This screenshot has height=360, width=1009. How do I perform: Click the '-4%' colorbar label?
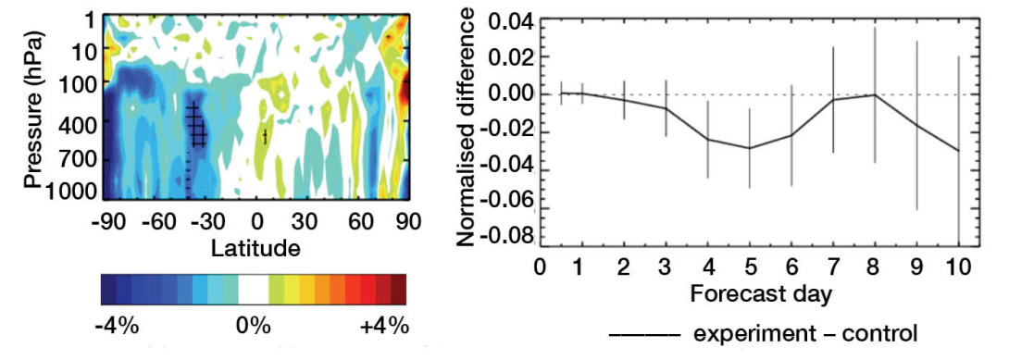[117, 326]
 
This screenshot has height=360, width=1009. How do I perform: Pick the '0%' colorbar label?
[253, 326]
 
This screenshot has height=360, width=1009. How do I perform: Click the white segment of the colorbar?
[253, 291]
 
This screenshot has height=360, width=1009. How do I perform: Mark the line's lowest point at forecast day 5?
[750, 148]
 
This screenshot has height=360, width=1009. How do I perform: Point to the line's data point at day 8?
[875, 94]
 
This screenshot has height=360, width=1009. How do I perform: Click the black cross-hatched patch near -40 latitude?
[195, 125]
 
